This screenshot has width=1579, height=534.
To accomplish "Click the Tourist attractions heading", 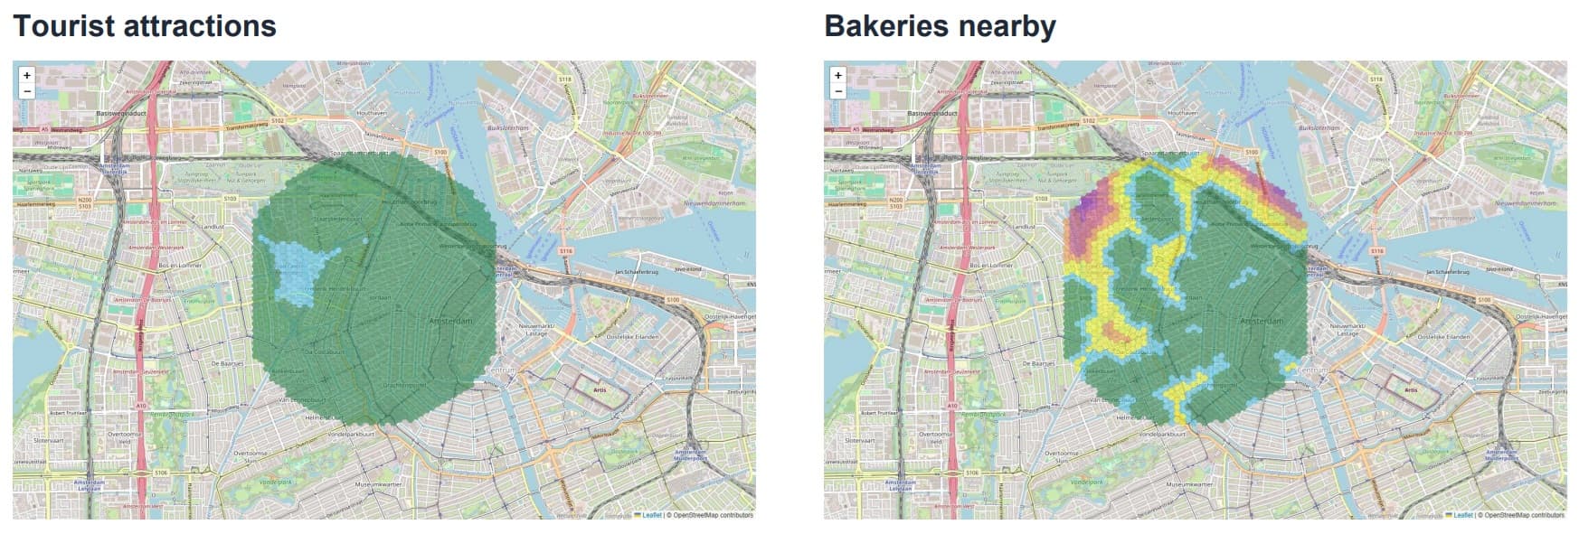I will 145,26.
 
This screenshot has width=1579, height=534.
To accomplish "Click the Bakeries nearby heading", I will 940,26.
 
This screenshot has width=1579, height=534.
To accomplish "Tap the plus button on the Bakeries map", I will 838,75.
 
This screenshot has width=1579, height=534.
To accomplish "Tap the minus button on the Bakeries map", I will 838,90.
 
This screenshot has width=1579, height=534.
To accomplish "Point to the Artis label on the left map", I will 600,390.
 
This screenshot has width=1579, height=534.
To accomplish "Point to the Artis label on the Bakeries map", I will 1411,390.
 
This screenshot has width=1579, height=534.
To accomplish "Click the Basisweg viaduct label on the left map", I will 125,114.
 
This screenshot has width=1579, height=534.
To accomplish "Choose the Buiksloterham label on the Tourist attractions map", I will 507,128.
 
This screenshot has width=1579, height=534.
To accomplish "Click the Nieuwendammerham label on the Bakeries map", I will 1529,203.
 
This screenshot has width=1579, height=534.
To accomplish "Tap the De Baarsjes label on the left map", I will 226,363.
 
